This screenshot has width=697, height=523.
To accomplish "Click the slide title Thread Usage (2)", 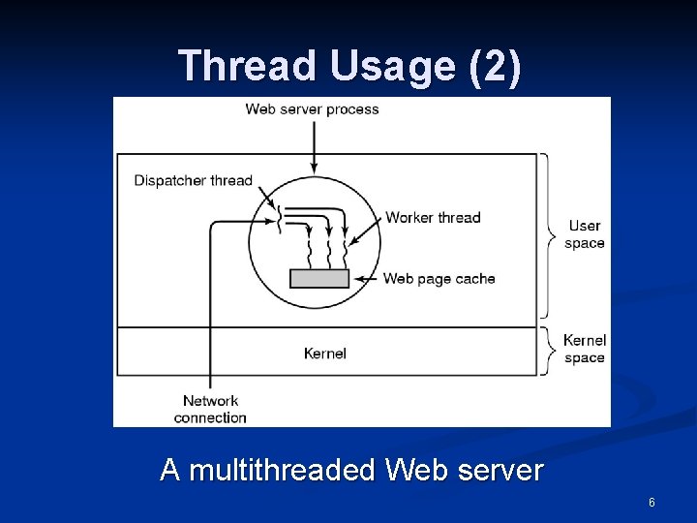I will pyautogui.click(x=349, y=66).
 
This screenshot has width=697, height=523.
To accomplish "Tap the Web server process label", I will pyautogui.click(x=312, y=108).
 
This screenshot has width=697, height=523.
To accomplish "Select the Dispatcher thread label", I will pyautogui.click(x=193, y=180).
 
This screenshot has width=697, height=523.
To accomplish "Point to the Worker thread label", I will pyautogui.click(x=433, y=217).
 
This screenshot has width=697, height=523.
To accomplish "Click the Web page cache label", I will pyautogui.click(x=439, y=279).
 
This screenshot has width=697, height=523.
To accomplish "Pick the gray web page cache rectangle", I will pyautogui.click(x=319, y=278).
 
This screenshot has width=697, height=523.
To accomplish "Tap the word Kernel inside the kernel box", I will pyautogui.click(x=324, y=354).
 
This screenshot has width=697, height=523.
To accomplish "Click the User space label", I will pyautogui.click(x=585, y=234).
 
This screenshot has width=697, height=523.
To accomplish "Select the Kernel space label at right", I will pyautogui.click(x=585, y=349).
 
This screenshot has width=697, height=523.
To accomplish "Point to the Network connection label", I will pyautogui.click(x=210, y=409).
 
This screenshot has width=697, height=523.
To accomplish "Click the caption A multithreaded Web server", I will pyautogui.click(x=351, y=470).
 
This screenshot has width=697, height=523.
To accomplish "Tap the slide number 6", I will pyautogui.click(x=652, y=503).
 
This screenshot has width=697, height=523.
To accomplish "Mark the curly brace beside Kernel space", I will pyautogui.click(x=549, y=350).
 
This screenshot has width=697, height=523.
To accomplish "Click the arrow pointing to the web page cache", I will pyautogui.click(x=366, y=279).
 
